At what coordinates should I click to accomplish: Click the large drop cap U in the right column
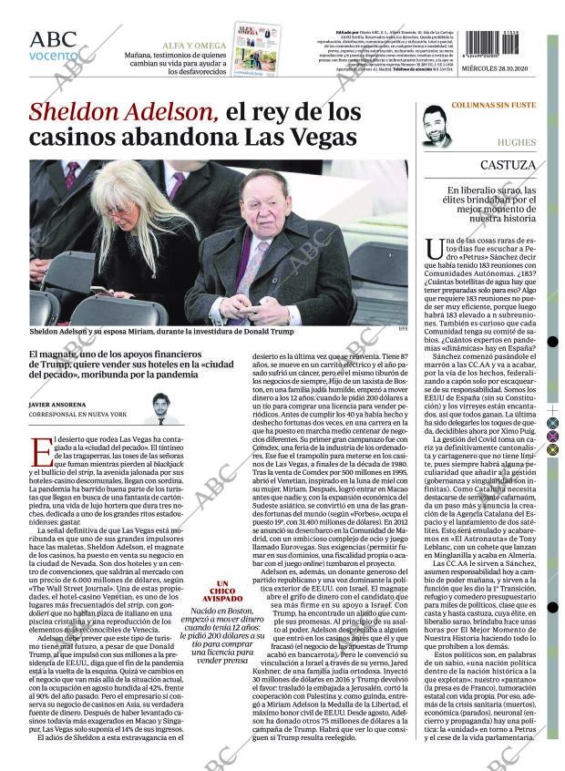tap(435, 247)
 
